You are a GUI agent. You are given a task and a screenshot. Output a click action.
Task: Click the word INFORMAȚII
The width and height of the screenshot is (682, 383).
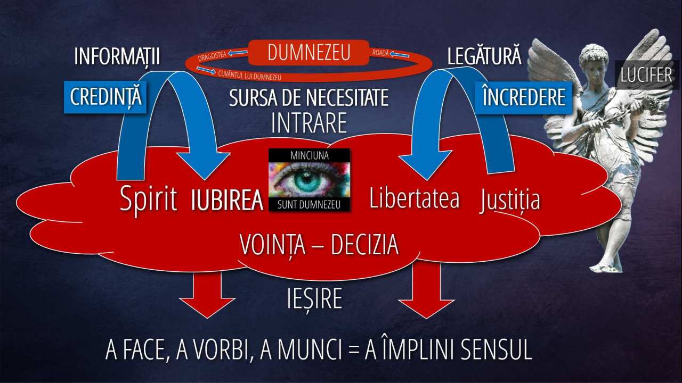coord(117,56)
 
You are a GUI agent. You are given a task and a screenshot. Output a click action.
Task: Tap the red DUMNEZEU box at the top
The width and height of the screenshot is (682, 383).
coord(308,53)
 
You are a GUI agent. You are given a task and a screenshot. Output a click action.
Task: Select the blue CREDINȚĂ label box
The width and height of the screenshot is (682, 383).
coord(105,97)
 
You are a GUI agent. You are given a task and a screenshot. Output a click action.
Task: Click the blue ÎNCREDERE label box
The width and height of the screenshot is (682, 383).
coord(524,97)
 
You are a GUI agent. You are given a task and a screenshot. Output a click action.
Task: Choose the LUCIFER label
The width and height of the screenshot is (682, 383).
coord(646,75)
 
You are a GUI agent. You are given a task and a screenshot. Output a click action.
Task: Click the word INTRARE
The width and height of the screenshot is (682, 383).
coord(308,123)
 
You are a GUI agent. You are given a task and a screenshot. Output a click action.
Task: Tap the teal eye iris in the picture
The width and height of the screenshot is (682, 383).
coord(307,180)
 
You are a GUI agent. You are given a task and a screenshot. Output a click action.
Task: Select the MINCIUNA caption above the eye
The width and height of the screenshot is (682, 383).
coord(310,155)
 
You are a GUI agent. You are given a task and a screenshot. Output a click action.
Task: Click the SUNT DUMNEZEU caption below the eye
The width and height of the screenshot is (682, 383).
coord(309,205)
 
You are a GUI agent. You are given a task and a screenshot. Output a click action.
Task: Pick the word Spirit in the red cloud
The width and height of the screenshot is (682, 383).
coord(148,199)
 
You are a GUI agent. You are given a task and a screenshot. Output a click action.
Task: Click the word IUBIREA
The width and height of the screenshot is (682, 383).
coord(227,201)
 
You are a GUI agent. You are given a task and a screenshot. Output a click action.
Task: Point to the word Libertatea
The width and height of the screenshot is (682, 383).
coord(415,198)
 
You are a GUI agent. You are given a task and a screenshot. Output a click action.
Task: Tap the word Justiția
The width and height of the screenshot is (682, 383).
coord(510,199)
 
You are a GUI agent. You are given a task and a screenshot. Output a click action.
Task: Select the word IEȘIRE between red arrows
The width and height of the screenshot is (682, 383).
coord(314,299)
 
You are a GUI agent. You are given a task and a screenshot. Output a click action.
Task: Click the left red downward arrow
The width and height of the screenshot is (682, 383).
coord(207,292)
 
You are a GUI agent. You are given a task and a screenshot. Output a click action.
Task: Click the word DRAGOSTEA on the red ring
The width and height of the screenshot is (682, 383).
coord(212,56)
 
